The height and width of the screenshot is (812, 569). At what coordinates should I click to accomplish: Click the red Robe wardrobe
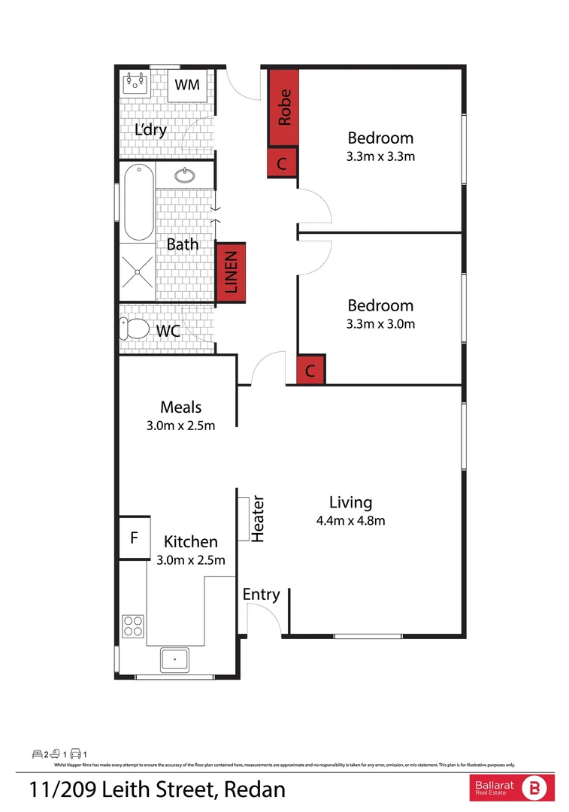[283, 108]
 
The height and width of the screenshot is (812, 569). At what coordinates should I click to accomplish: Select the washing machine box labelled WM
[188, 85]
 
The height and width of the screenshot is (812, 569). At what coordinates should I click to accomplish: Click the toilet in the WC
[135, 329]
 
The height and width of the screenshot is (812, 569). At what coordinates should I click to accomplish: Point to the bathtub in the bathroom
[137, 202]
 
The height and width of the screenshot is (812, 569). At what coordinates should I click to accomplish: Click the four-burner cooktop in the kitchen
[133, 626]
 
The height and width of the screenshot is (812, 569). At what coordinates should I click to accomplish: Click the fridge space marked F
[134, 538]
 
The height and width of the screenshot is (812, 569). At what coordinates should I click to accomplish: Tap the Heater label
[258, 519]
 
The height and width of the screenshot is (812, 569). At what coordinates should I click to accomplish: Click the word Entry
[261, 595]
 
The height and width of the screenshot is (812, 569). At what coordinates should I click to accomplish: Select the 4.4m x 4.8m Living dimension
[350, 520]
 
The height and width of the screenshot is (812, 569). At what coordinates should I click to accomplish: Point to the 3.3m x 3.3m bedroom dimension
[380, 157]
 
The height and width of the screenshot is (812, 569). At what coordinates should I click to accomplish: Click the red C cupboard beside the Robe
[283, 162]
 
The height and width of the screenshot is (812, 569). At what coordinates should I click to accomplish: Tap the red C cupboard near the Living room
[311, 371]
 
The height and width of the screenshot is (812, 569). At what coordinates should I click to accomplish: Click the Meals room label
[181, 407]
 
